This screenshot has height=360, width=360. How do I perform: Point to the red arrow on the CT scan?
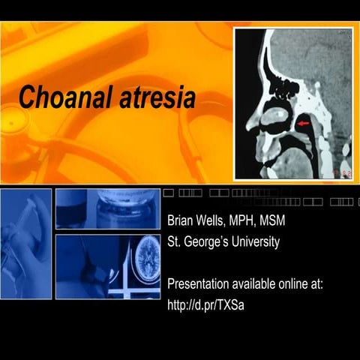point(304,121)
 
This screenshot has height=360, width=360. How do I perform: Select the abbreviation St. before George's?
point(173,241)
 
